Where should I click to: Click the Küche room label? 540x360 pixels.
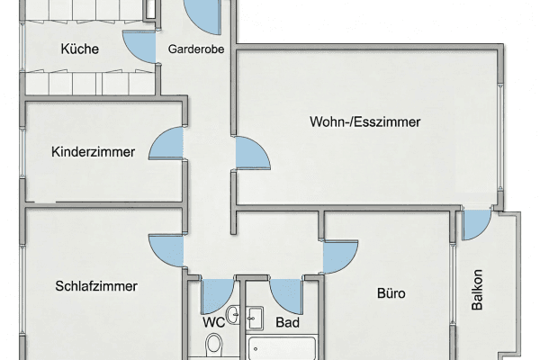[x=80, y=49]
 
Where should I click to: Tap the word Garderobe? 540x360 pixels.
[x=195, y=49]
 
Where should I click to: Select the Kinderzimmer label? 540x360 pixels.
[x=94, y=152]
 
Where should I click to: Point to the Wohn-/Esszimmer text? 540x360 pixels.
[x=364, y=121]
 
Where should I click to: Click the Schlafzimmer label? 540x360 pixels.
[x=96, y=286]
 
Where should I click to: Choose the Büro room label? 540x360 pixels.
[x=391, y=293]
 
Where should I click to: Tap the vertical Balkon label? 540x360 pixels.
[x=477, y=291]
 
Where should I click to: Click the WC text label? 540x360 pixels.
[x=213, y=321]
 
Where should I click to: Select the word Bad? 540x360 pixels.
[x=287, y=321]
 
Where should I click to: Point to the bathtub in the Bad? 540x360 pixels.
[x=282, y=348]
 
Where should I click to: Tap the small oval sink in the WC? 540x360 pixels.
[x=233, y=315]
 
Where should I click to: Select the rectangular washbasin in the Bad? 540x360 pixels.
[x=255, y=317]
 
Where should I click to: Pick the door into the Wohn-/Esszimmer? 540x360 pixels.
[x=249, y=156]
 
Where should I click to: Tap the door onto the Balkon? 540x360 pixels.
[x=474, y=225]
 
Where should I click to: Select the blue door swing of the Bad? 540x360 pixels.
[x=286, y=292]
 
